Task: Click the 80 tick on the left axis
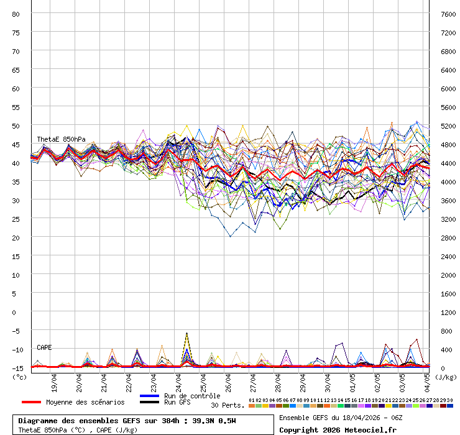click(16, 14)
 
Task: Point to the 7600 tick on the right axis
click(448, 14)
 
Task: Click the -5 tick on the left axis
click(16, 331)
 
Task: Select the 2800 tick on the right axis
click(448, 237)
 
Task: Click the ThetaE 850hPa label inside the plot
click(61, 139)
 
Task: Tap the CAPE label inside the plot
click(44, 347)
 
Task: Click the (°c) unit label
click(20, 376)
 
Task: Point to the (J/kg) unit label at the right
click(446, 376)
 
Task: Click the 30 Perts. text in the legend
click(228, 405)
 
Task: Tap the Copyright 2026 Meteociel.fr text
click(338, 430)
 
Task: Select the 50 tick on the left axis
click(16, 126)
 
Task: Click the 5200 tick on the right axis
click(448, 126)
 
